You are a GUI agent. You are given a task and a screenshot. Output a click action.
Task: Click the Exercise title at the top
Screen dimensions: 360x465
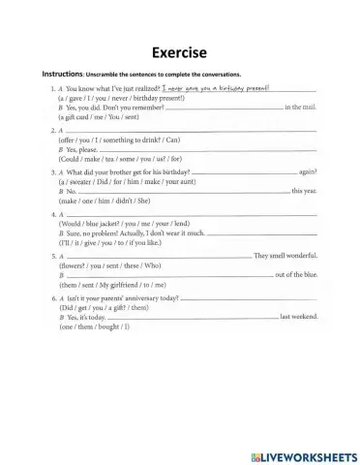(179, 52)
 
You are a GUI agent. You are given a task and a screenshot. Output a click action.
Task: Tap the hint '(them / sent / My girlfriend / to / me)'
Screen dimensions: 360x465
(120, 285)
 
